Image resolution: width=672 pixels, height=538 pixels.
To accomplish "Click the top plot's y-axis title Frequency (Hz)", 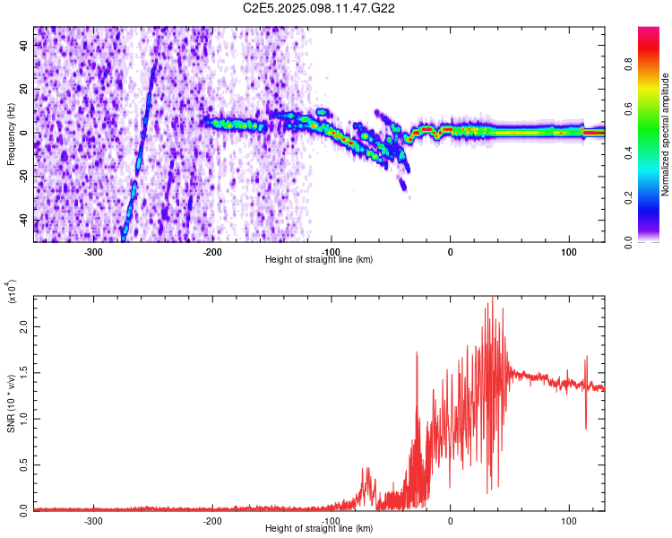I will click(x=12, y=134).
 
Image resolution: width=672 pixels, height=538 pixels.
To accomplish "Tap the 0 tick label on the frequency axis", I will click(x=24, y=132).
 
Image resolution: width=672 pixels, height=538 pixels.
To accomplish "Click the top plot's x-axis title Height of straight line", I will click(x=319, y=260).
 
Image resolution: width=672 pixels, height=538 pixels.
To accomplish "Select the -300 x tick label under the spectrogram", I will click(x=93, y=251).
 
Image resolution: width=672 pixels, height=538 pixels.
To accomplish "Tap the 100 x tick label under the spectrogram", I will click(x=569, y=251).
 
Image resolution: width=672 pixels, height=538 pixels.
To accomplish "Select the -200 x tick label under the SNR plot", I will click(x=212, y=520).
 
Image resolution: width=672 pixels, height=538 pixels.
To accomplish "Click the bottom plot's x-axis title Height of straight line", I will click(x=319, y=529).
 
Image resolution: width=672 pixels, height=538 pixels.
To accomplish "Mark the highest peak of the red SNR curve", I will click(x=491, y=299).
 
